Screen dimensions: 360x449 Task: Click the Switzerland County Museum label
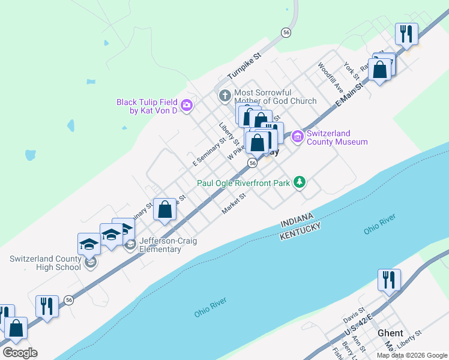pyautogui.click(x=337, y=137)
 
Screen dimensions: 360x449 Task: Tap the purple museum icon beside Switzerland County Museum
pyautogui.click(x=297, y=137)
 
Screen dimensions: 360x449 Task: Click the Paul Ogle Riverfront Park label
pyautogui.click(x=244, y=182)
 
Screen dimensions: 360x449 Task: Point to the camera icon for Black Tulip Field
pyautogui.click(x=186, y=106)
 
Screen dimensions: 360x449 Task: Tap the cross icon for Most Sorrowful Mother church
pyautogui.click(x=224, y=95)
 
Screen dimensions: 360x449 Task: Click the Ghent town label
pyautogui.click(x=390, y=333)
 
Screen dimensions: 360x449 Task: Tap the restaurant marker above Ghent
pyautogui.click(x=389, y=280)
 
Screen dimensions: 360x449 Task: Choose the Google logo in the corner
pyautogui.click(x=20, y=352)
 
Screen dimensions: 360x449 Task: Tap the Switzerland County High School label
pyautogui.click(x=45, y=263)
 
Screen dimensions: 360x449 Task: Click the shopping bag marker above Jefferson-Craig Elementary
pyautogui.click(x=165, y=210)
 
